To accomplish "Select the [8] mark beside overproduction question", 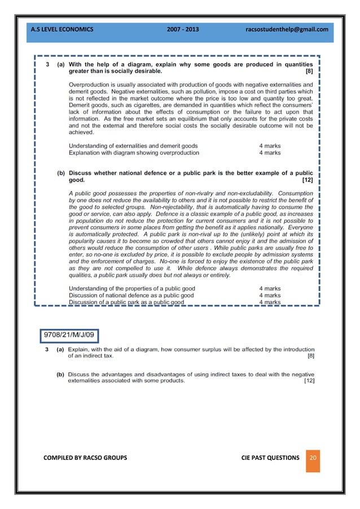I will (309, 72).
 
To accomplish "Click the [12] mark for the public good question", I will (307, 180).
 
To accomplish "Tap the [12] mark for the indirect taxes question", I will (309, 381).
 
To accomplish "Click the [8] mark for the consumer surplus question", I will (311, 356).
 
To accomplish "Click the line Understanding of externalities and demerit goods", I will (133, 146).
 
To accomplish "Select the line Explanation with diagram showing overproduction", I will (134, 152).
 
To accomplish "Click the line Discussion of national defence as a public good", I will (131, 295).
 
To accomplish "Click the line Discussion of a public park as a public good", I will (126, 302).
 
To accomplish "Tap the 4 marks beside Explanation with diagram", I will (270, 152).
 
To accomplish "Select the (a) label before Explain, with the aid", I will (59, 350).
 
